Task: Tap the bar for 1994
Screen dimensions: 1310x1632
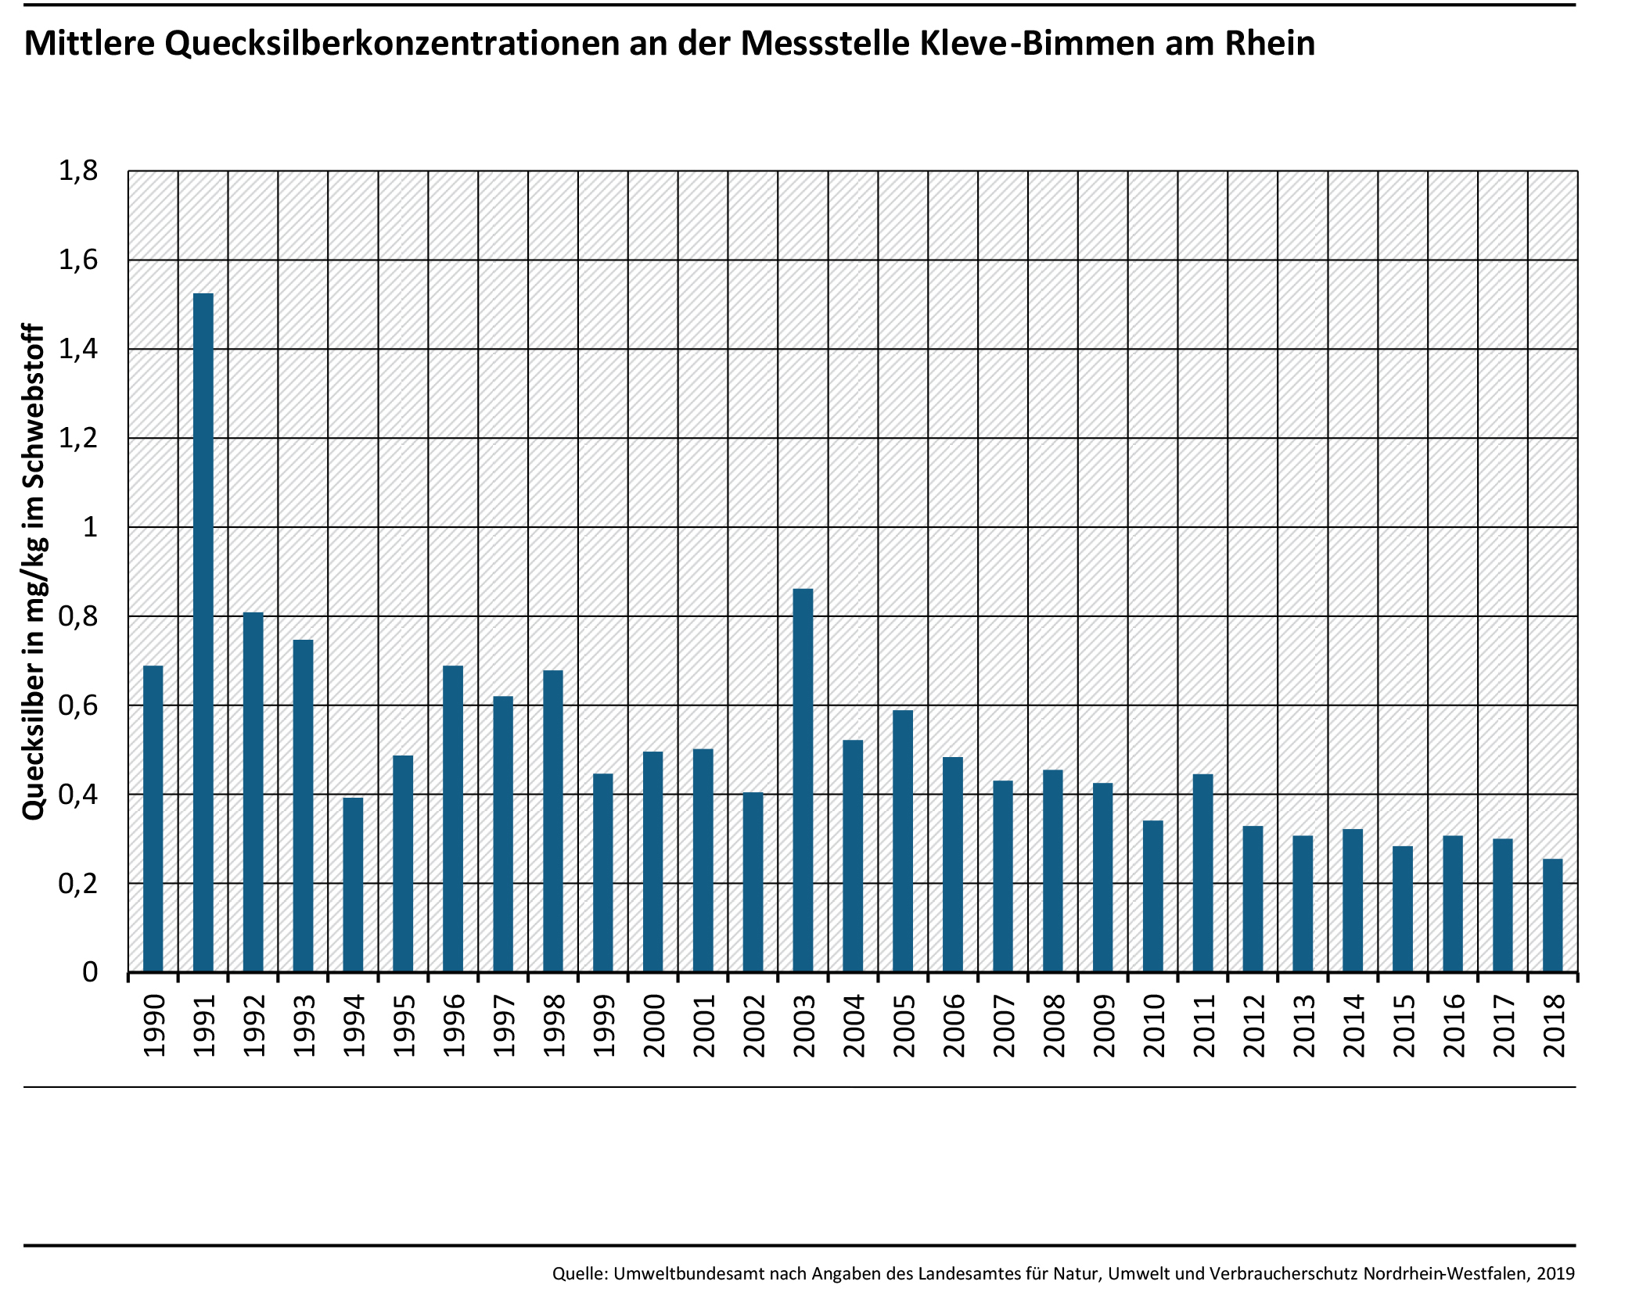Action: coord(353,885)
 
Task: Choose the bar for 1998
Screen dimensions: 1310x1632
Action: coord(553,820)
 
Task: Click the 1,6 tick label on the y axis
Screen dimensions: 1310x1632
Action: coord(78,260)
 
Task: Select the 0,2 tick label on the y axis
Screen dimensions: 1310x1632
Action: coord(78,884)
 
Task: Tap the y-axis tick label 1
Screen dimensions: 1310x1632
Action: coord(90,527)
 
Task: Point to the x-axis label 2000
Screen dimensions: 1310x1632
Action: coord(653,1026)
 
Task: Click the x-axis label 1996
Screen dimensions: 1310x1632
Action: coord(454,1026)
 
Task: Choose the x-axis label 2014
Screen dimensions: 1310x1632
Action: coord(1353,1026)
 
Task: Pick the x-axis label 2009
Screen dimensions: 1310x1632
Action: coord(1103,1026)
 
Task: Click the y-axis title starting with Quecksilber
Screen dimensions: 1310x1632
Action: coord(33,572)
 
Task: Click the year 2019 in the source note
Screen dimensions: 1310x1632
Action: coord(1555,1273)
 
